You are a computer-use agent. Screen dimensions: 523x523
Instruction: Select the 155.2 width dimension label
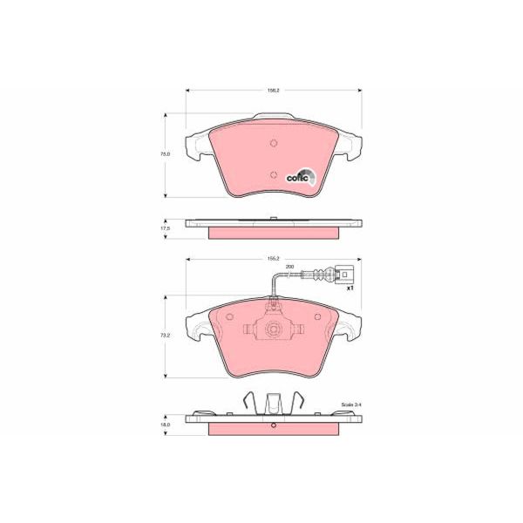(x=273, y=258)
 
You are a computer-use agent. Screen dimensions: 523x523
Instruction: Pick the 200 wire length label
(x=289, y=266)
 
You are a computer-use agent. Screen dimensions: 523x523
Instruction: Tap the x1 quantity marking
(x=350, y=288)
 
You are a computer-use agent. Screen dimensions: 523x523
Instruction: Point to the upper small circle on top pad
(x=273, y=144)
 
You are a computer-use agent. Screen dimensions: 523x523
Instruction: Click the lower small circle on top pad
(x=273, y=175)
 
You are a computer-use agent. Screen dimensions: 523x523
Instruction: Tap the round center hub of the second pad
(x=273, y=329)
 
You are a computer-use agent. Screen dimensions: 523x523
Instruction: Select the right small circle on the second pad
(x=318, y=316)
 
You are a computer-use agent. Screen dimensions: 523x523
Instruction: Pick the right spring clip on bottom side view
(x=298, y=404)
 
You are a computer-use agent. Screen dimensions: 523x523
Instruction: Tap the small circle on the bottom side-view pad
(x=273, y=426)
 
